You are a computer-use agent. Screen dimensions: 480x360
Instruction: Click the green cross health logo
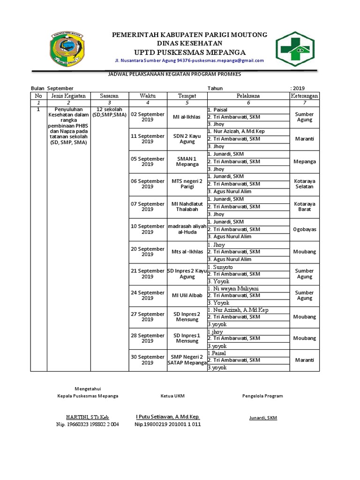click(298, 48)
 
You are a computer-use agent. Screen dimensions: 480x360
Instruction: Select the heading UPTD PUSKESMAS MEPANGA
click(189, 52)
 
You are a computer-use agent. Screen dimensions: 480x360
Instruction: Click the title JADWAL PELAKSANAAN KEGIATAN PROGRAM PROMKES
click(174, 74)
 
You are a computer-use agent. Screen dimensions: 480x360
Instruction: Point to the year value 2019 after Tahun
click(299, 88)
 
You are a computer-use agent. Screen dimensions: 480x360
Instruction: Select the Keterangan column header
click(304, 96)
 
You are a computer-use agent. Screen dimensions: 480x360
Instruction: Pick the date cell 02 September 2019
click(147, 117)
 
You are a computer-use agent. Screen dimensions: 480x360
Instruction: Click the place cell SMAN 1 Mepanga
click(187, 162)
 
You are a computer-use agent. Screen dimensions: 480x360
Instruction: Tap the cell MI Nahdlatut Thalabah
click(187, 207)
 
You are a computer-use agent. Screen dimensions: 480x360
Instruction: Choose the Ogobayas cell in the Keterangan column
click(304, 229)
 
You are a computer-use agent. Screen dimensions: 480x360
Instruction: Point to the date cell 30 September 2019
click(147, 360)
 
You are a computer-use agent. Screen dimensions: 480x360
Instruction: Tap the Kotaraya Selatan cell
click(304, 184)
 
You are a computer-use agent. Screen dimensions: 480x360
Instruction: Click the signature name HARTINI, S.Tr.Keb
click(87, 417)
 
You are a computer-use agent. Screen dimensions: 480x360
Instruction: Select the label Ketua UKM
click(172, 396)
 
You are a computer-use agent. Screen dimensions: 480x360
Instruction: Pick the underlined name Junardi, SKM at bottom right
click(262, 418)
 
